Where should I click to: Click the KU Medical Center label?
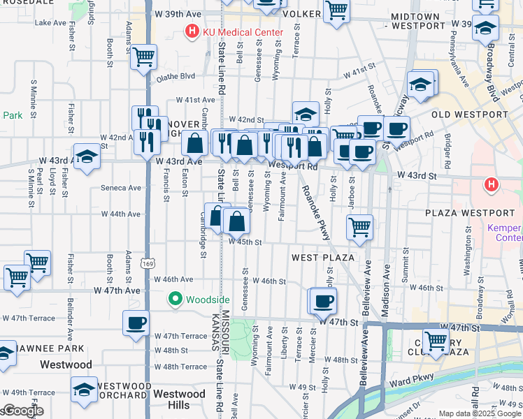243,32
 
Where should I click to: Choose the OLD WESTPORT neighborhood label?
469,114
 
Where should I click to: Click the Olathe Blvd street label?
175,78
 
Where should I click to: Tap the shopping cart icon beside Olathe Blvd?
144,57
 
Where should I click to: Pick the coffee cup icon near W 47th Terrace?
136,323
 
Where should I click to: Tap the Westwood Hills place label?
179,399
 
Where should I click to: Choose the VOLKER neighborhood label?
303,13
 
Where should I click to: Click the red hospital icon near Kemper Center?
492,185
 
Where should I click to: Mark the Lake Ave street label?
50,23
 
